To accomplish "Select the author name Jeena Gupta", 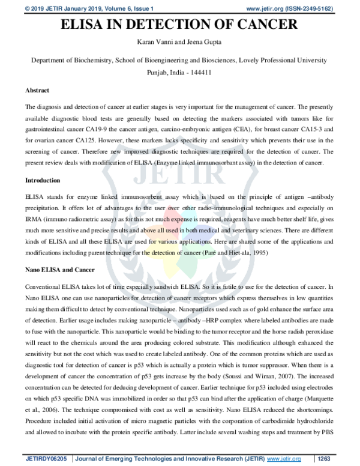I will point(203,44).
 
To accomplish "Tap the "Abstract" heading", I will point(37,90).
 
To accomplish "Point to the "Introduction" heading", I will point(43,180).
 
